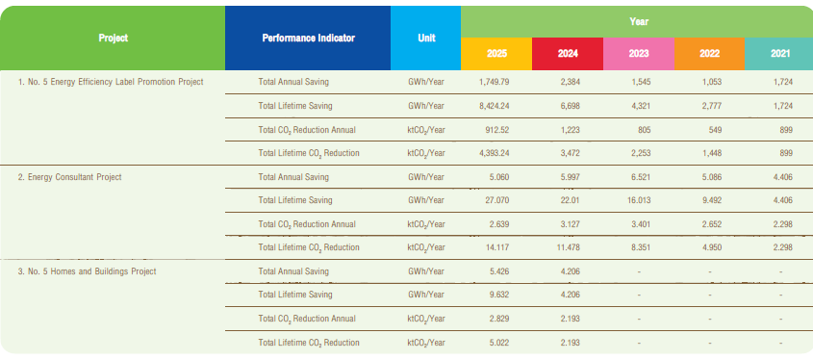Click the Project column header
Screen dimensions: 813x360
click(113, 38)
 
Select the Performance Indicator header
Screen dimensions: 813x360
click(309, 38)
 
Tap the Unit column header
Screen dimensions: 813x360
click(426, 38)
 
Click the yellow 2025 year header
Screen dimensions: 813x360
click(496, 54)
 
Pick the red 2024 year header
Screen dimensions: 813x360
click(568, 54)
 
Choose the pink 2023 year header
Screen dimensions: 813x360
click(639, 54)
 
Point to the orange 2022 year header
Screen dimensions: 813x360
click(709, 54)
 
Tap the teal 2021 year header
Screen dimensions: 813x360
click(778, 54)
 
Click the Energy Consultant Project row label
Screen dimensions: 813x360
click(70, 177)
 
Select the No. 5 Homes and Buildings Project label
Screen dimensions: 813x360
click(88, 271)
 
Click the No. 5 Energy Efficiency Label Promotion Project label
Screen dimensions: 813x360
click(111, 82)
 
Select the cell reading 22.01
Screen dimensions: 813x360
click(570, 200)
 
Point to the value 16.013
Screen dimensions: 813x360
click(638, 200)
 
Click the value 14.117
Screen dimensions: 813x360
click(497, 247)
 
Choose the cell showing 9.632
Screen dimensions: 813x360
click(498, 295)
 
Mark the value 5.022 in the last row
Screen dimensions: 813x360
click(498, 343)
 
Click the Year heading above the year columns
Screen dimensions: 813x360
click(639, 22)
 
